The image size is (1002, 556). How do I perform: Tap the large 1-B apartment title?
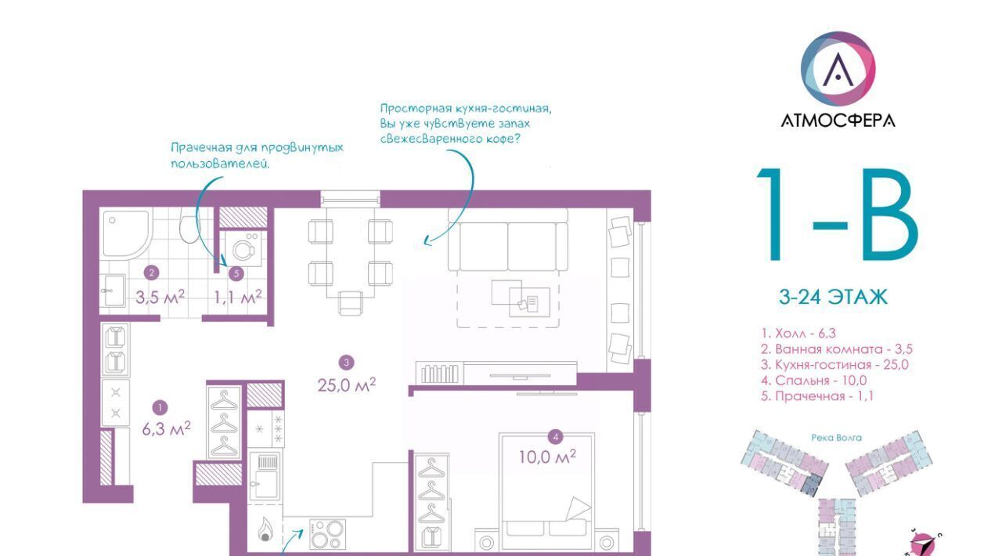click(x=838, y=215)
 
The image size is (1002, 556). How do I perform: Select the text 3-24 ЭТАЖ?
click(x=834, y=297)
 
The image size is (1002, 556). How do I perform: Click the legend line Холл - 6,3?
click(x=798, y=333)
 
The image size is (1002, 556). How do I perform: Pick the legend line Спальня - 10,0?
click(x=813, y=380)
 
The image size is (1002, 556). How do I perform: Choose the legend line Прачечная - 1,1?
click(x=817, y=395)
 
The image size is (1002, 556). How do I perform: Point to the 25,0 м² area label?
click(x=347, y=385)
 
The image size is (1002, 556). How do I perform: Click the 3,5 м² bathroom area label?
click(x=160, y=297)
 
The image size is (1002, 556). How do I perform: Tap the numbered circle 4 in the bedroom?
click(x=556, y=436)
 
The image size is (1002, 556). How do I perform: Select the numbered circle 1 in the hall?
click(x=160, y=407)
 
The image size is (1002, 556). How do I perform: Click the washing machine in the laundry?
click(x=243, y=248)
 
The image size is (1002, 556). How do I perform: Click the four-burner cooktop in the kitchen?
click(x=327, y=534)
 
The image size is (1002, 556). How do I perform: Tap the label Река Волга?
click(x=837, y=438)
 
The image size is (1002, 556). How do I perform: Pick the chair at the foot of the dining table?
click(x=350, y=304)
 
